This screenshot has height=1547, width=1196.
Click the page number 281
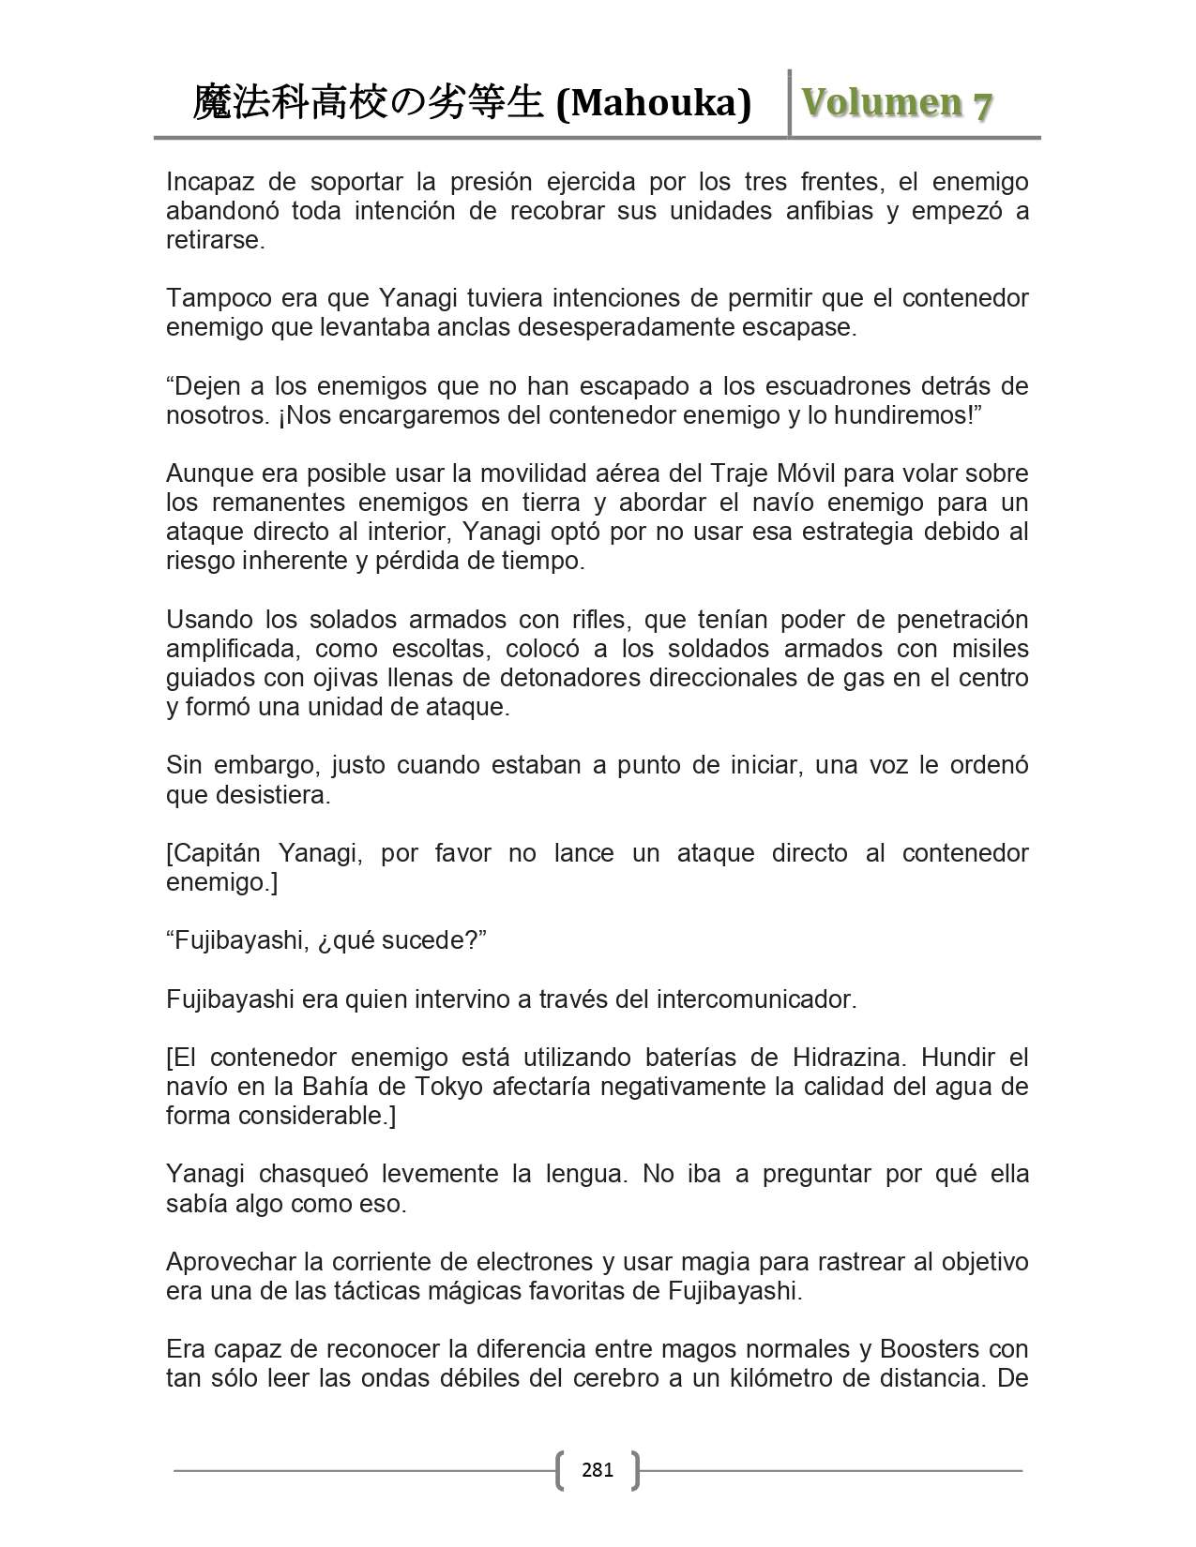click(598, 1469)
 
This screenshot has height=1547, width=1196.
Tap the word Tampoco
click(220, 298)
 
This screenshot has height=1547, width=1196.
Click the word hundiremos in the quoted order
click(900, 415)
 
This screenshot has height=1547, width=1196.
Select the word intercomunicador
click(753, 999)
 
